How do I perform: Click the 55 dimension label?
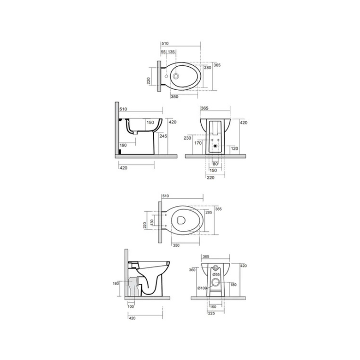click(163, 52)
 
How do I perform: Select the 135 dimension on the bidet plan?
click(171, 52)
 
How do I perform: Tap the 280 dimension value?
click(208, 68)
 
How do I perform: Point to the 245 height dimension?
click(163, 136)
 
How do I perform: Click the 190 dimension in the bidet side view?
click(123, 145)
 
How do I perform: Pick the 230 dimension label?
click(188, 138)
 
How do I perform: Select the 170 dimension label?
click(198, 143)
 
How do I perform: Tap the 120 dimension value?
click(235, 149)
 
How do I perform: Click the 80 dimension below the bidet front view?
click(215, 164)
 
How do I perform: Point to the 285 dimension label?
click(209, 212)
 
